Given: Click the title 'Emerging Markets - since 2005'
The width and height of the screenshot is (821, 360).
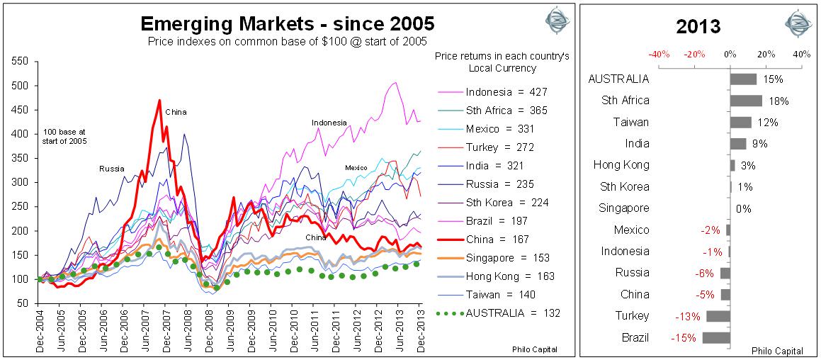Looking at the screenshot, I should click(288, 24).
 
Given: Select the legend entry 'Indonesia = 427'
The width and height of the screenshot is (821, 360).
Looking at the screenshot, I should click(506, 91).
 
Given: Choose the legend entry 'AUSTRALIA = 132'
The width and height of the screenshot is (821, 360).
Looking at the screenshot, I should click(506, 313).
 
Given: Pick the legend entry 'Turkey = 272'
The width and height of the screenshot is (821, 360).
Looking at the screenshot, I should click(501, 147).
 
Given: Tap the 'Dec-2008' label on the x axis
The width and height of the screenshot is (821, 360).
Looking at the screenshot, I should click(208, 327).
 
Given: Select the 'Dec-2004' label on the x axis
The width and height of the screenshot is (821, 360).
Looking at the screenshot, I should click(39, 327).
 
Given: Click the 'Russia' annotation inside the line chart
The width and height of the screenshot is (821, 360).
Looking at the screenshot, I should click(111, 169).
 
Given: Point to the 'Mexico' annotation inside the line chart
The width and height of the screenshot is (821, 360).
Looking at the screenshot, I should click(356, 167).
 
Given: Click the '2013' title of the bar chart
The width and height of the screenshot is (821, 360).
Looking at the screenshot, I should click(698, 27).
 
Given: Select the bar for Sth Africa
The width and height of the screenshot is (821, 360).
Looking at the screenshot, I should click(746, 101).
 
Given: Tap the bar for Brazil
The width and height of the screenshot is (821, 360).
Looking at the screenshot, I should click(716, 337).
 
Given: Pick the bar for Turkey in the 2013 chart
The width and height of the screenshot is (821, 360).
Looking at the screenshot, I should click(718, 316).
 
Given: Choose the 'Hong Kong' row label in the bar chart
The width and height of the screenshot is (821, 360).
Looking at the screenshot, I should click(621, 165).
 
